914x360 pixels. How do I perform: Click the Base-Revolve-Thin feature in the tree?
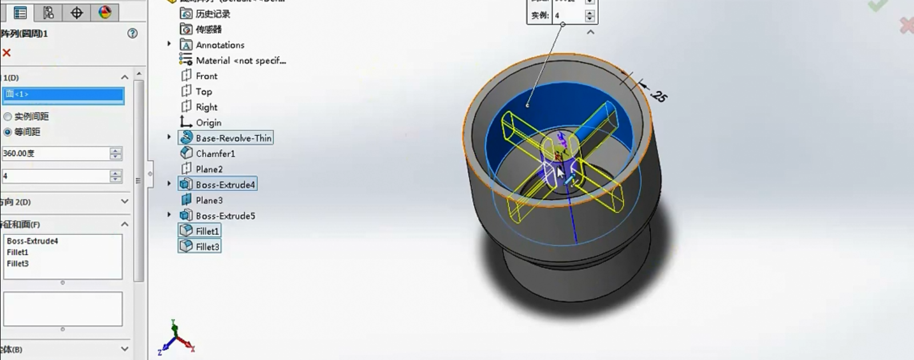[233, 138]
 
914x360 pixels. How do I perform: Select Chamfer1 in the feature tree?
[215, 153]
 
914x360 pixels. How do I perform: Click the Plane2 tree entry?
[209, 169]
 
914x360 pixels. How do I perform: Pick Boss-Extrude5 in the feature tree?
[225, 215]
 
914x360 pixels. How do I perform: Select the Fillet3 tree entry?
[207, 246]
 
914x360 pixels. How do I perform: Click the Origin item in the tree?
[208, 122]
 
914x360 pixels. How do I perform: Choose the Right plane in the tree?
[206, 107]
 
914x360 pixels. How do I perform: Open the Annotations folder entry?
[219, 45]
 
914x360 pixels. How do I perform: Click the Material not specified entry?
[240, 60]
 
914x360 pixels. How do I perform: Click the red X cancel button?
[7, 53]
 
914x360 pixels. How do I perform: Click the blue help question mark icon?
[133, 33]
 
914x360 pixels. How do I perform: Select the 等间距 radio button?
[8, 131]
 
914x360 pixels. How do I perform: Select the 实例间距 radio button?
[8, 116]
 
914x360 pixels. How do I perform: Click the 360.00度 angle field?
[55, 153]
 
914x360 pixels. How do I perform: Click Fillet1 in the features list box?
[18, 252]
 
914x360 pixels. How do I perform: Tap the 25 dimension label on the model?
[658, 95]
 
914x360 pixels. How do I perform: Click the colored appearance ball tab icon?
[105, 12]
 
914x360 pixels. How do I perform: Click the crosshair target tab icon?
[77, 12]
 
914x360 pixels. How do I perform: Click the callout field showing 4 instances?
[568, 15]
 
